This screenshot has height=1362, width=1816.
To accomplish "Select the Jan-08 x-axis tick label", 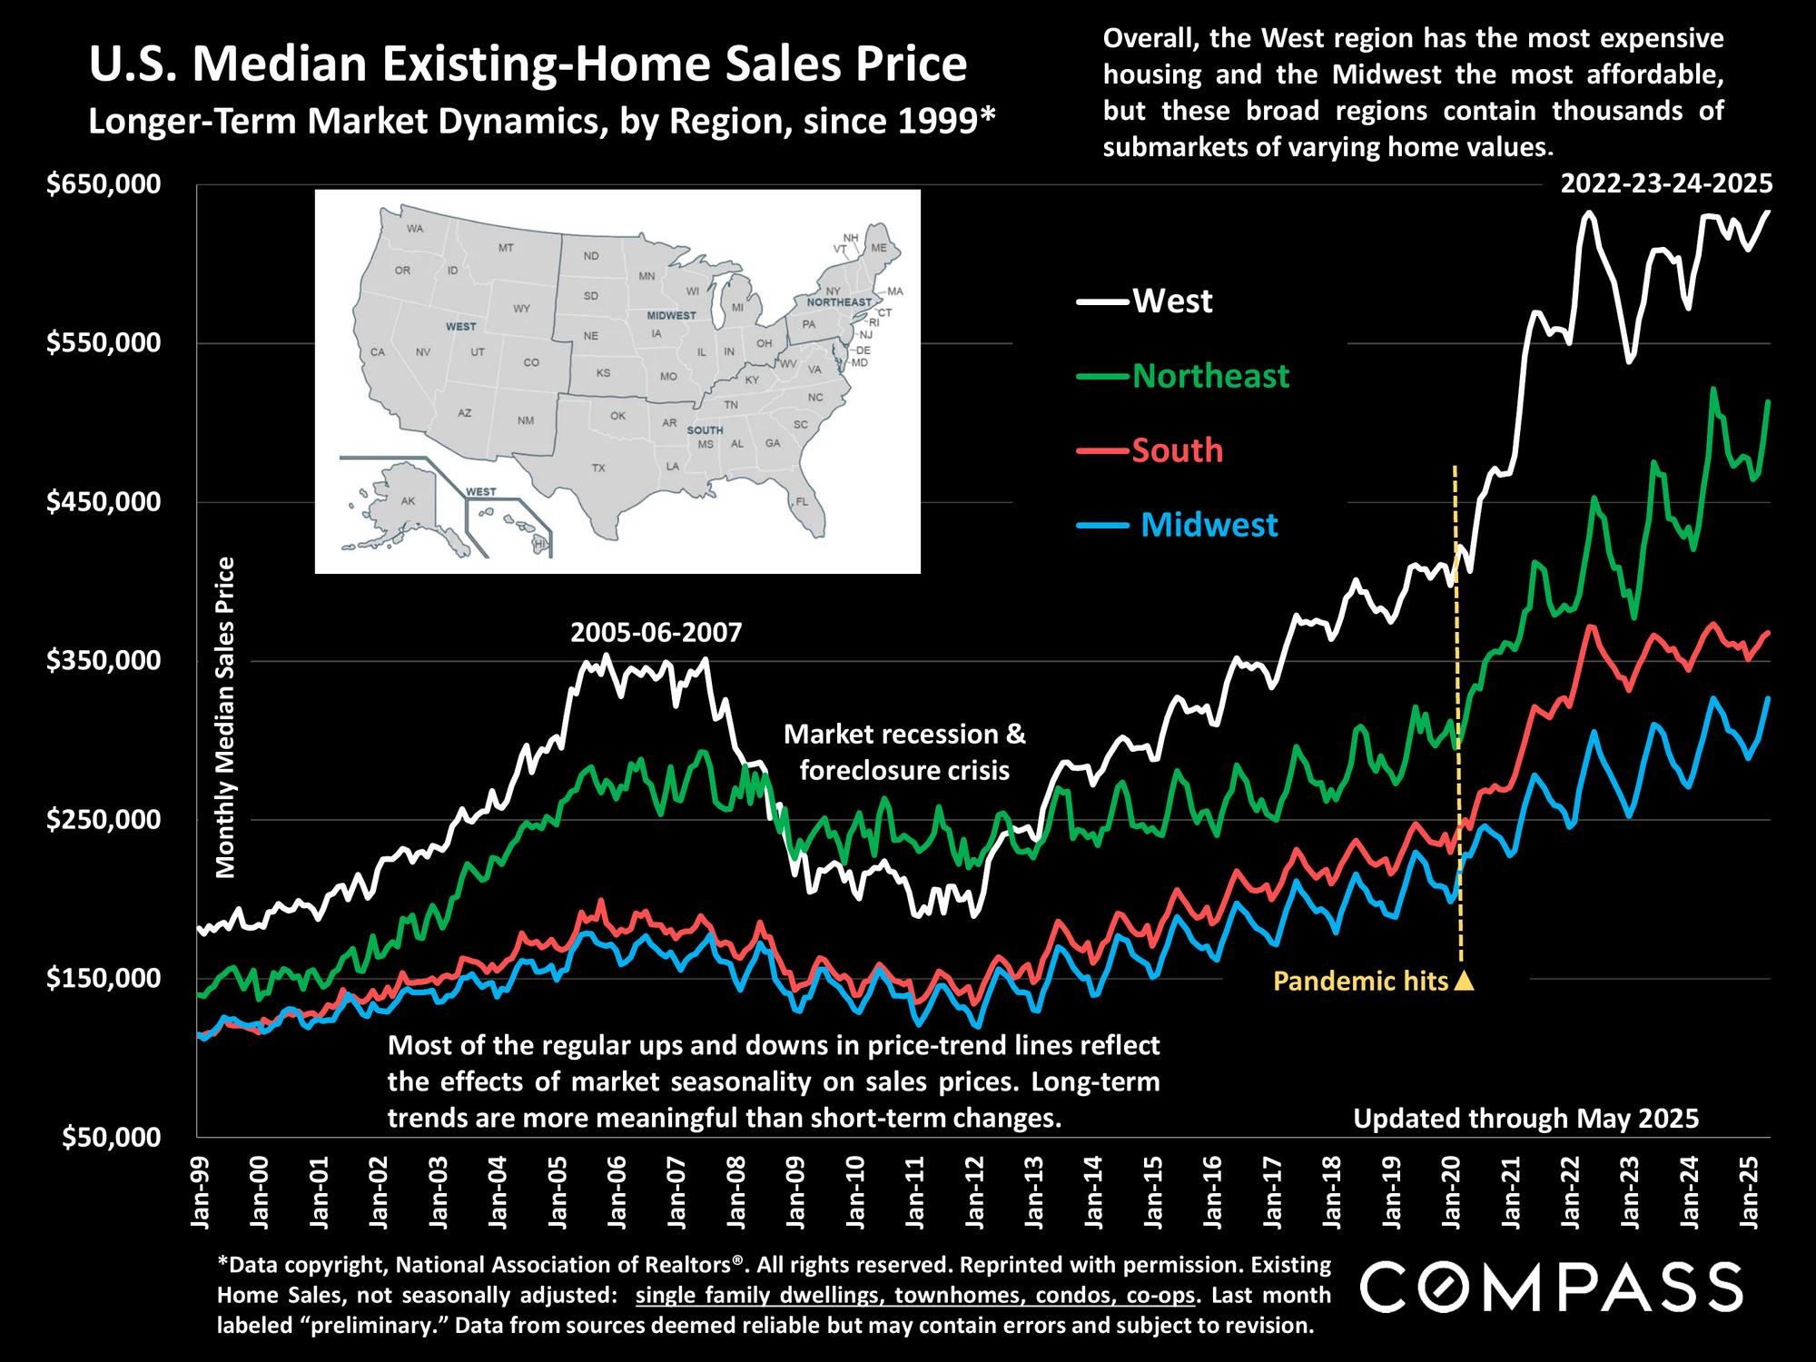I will coord(736,1189).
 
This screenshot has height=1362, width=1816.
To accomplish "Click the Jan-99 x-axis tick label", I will coord(201,1189).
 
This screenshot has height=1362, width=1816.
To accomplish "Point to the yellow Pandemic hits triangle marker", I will coord(1464,981).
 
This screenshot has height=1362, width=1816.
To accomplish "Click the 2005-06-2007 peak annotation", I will coord(656,632).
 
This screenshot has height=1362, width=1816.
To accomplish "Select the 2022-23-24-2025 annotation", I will coord(1666,184).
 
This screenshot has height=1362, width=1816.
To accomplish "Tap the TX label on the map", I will coord(597,469).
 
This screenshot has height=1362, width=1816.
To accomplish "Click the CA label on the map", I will coord(379,352).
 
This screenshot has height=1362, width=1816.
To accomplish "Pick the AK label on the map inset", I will coord(408,501).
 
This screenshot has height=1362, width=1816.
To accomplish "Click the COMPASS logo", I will coord(1552,1287).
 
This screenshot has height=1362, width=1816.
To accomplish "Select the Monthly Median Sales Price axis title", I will coord(226,717).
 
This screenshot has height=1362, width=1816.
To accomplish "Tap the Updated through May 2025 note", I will coord(1525,1118).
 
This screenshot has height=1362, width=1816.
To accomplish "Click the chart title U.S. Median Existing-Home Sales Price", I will coord(527,65).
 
